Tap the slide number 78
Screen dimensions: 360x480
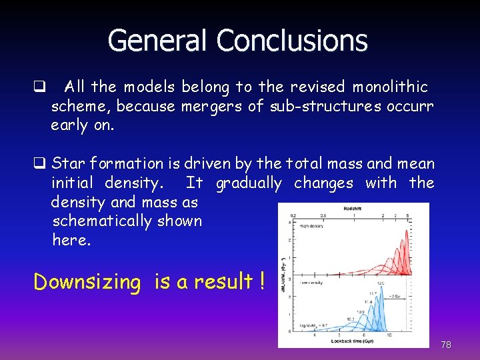446,345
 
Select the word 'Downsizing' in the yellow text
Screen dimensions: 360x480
87,282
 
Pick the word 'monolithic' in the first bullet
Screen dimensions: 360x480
390,87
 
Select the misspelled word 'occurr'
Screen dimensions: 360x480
410,106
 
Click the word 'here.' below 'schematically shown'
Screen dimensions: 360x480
69,240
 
